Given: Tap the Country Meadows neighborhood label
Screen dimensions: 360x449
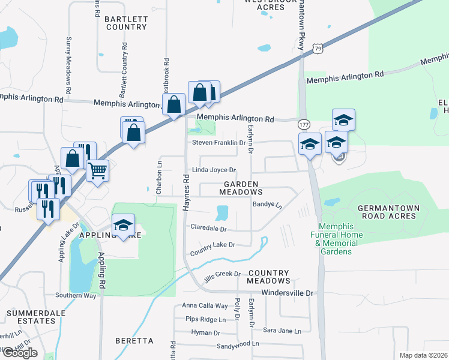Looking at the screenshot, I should pos(269,277).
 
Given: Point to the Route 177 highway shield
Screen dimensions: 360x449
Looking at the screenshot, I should pos(304,124).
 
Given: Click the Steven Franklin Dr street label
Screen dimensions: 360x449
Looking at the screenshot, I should pos(219,143).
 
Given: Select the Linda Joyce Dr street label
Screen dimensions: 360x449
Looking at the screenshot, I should pos(213,170).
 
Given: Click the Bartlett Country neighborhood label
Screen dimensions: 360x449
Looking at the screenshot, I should pos(125,23).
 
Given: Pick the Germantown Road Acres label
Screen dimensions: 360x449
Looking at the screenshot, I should pos(388,212).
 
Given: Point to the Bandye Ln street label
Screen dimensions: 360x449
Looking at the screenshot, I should pos(267,205).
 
